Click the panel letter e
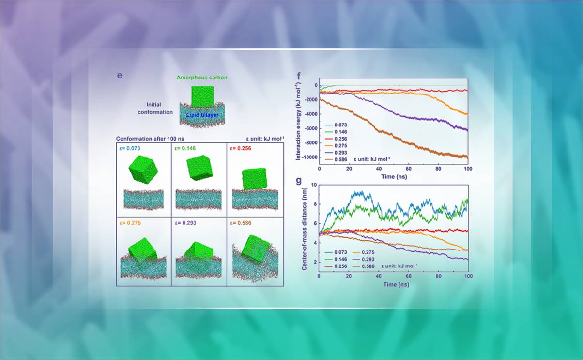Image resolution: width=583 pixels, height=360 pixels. click(120, 77)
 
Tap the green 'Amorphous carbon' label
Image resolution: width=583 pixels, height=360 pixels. click(201, 78)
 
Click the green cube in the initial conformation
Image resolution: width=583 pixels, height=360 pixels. click(202, 96)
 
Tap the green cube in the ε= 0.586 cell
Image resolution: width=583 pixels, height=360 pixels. click(257, 249)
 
